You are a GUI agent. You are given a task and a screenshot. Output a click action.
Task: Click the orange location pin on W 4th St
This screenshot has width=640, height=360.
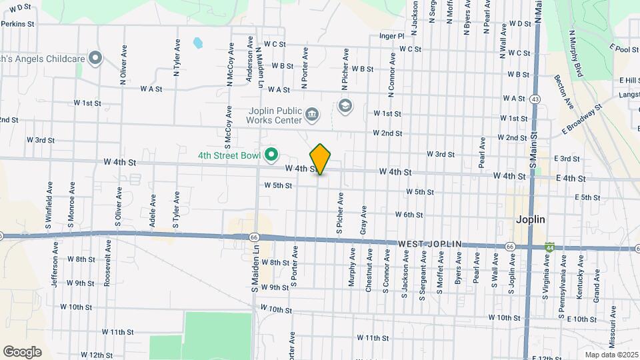pyautogui.click(x=321, y=159)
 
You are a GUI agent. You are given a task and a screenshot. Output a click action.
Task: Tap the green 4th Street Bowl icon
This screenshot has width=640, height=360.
pyautogui.click(x=271, y=155)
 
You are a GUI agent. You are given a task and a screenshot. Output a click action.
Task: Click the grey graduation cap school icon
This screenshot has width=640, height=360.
pyautogui.click(x=345, y=105)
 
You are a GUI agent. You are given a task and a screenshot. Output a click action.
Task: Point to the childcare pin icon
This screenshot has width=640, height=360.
pyautogui.click(x=95, y=59)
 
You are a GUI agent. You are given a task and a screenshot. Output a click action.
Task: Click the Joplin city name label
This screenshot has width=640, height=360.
pyautogui.click(x=531, y=219)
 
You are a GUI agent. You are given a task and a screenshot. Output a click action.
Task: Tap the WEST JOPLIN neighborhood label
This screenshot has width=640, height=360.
pyautogui.click(x=430, y=245)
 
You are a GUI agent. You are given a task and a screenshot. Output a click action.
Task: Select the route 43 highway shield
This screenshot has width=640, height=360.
pyautogui.click(x=535, y=99)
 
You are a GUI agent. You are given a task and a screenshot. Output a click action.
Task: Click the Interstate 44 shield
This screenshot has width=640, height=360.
pyautogui.click(x=549, y=247)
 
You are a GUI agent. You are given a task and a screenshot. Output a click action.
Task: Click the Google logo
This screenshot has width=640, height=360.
pyautogui.click(x=22, y=351)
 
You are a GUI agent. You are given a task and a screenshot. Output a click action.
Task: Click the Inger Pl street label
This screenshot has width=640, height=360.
pyautogui.click(x=392, y=35)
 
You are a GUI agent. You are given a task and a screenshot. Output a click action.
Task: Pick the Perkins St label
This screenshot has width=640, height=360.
pyautogui.click(x=17, y=23)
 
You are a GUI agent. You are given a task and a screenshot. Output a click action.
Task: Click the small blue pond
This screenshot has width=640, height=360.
pyautogui.click(x=197, y=43)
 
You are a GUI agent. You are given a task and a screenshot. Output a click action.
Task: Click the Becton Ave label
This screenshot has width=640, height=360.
pyautogui.click(x=564, y=91)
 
